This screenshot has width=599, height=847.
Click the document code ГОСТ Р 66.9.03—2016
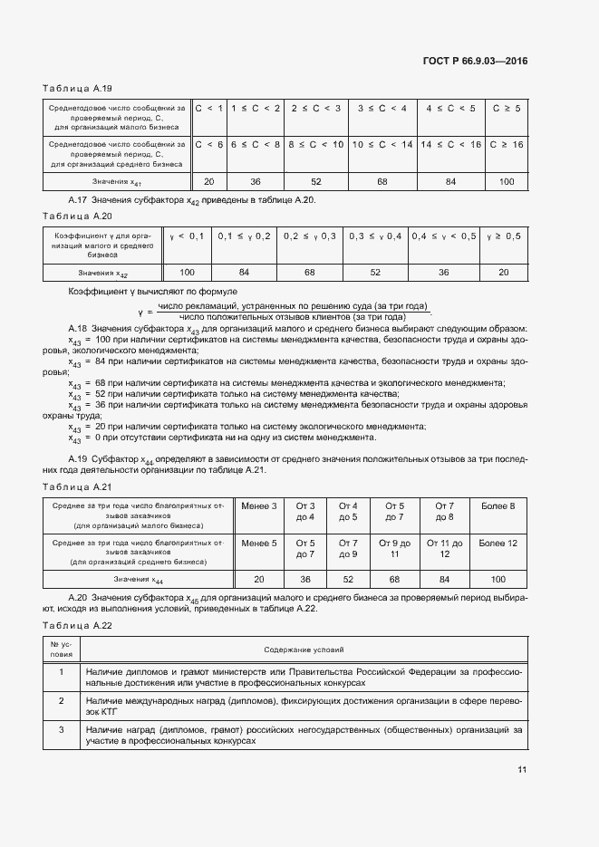pos(475,62)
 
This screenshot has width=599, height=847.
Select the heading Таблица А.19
pos(77,88)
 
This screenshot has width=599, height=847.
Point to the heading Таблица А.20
pos(77,216)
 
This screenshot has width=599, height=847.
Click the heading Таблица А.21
pos(77,486)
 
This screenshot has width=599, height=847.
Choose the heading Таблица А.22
pos(77,627)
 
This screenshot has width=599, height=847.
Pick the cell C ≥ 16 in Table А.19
pos(506,144)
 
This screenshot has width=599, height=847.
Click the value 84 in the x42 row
pos(244,272)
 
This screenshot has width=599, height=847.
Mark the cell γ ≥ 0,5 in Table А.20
pos(504,236)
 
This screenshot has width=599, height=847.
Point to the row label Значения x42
pos(102,273)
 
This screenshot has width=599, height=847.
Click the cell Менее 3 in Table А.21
pos(259,505)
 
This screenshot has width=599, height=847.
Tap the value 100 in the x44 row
pos(498,580)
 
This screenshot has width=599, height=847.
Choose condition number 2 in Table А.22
pos(61,701)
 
